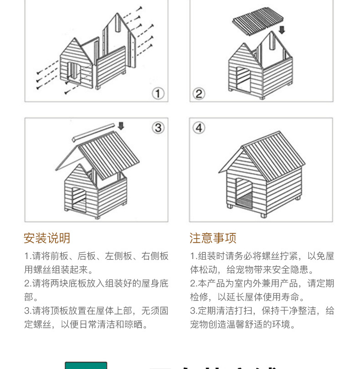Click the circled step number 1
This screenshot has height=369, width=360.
point(158,94)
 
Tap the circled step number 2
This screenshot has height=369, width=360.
point(199,94)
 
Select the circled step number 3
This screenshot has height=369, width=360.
point(158,128)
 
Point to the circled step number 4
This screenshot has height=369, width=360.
point(199,128)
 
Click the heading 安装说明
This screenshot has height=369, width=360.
point(47,238)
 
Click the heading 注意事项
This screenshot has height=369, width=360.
point(213,238)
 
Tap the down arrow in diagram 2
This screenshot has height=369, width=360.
point(282,30)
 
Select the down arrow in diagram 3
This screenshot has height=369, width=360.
point(121,126)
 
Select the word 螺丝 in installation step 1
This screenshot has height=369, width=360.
point(45,270)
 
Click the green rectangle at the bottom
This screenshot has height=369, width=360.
point(86,365)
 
